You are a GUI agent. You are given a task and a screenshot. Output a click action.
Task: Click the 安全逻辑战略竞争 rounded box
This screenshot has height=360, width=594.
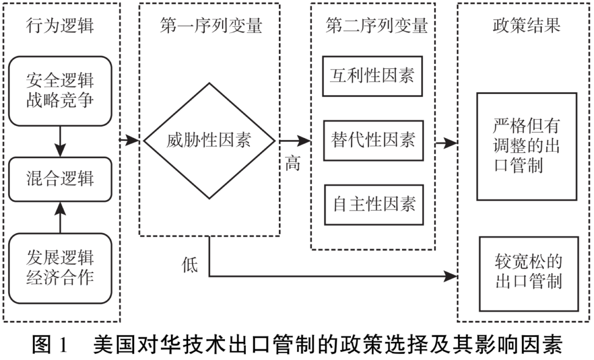(61, 91)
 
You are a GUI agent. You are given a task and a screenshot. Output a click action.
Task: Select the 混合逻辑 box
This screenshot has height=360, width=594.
(61, 179)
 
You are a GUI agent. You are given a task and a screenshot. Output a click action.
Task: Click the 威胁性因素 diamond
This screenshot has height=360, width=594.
(209, 141)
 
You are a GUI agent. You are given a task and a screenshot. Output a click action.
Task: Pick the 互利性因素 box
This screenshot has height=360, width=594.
(372, 76)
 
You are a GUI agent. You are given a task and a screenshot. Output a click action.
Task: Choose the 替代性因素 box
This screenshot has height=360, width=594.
(372, 141)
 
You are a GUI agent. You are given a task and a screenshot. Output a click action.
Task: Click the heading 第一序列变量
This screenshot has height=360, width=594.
(211, 26)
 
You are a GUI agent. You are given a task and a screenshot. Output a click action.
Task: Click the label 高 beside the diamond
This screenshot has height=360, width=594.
(293, 163)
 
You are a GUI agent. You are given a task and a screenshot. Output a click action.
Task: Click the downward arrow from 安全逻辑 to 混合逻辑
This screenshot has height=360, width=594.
(61, 142)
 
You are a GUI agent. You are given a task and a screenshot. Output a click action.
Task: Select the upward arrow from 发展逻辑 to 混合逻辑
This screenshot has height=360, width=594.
(61, 215)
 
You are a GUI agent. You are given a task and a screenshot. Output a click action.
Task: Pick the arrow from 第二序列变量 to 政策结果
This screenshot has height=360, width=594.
(447, 144)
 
